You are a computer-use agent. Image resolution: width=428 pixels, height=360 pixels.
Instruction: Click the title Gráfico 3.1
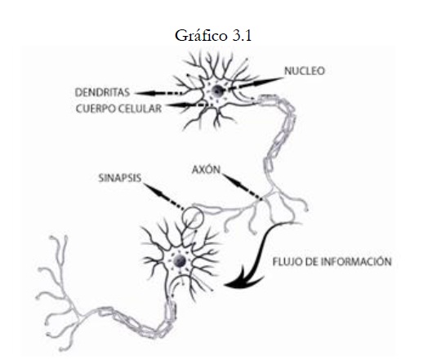point(213,36)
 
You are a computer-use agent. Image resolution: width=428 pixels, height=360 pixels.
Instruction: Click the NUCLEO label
point(305,71)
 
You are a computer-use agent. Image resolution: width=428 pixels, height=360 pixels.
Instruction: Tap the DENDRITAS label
point(102,92)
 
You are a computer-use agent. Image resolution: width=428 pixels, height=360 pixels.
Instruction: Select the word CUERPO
point(93,109)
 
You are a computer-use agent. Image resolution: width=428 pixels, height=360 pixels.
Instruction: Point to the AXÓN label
point(206,170)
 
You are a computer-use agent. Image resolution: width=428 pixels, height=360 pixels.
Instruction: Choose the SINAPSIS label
point(120,178)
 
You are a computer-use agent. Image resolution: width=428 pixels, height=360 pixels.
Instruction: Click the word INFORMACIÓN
point(356,261)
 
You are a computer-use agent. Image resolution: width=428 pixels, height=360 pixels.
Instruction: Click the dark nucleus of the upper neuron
point(217,91)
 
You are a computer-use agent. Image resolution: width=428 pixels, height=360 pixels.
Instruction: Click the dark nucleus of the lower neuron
point(180,261)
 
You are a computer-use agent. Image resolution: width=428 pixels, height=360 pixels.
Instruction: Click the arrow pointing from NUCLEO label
point(256,83)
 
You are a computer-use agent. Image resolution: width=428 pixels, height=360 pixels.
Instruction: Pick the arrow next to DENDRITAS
point(159,93)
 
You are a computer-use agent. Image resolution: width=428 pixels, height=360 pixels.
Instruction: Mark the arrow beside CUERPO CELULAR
point(186,104)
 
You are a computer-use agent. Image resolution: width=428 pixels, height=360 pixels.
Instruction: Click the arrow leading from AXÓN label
point(243,187)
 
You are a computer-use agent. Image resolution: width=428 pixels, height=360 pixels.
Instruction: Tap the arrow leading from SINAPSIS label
point(164,197)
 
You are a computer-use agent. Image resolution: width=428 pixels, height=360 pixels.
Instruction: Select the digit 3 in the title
point(236,36)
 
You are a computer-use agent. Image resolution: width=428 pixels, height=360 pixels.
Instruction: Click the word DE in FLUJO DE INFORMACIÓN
point(311,261)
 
